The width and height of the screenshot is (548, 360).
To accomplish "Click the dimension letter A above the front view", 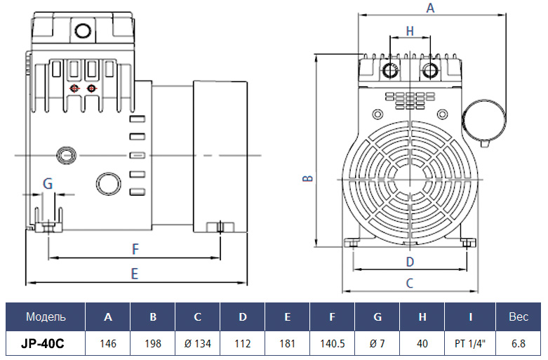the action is pos(430,7).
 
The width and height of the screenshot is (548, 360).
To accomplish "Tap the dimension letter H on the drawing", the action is pos(410,31).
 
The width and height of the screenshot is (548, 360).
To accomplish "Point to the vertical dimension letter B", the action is pos(307,178).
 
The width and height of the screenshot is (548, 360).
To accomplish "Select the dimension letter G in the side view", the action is pos(48,183).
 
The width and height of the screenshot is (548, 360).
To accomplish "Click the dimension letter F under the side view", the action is pos(135,249).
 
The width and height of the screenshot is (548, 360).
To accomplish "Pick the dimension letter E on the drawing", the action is pos(135,274).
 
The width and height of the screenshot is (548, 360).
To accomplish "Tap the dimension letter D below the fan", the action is pos(410,262).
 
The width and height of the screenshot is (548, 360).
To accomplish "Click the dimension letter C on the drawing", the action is pos(410,283).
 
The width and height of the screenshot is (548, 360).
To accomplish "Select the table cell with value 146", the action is pos(107,344).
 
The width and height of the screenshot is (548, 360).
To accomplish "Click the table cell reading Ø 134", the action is pos(197,344).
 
